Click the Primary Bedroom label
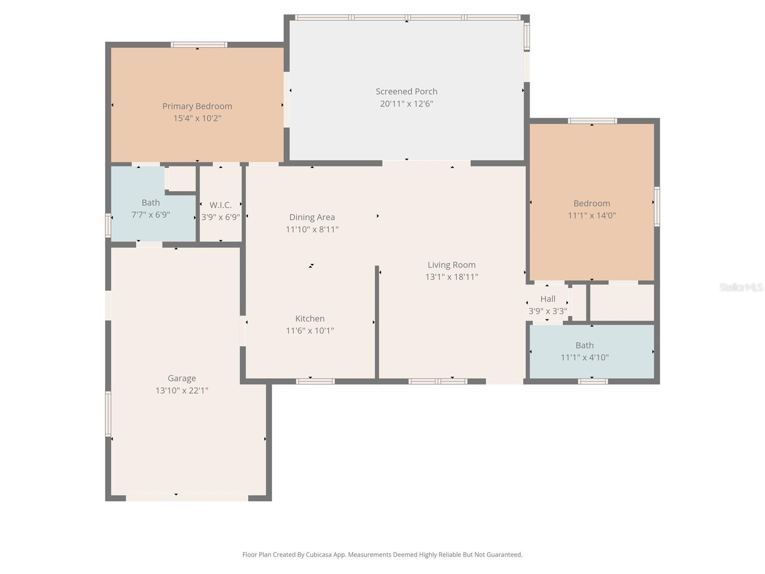[x=197, y=106]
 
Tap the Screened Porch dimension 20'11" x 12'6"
[x=406, y=104]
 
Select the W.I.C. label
[x=220, y=205]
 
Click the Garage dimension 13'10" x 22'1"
[x=182, y=390]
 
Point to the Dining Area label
[x=312, y=217]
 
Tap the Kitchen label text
[x=310, y=319]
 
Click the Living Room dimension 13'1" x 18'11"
[x=451, y=277]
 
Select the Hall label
[x=547, y=299]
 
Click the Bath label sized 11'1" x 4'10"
[x=584, y=345]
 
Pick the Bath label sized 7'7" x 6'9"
[x=151, y=203]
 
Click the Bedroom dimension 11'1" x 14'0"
[x=591, y=215]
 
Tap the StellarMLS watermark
[x=741, y=287]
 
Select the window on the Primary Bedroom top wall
[x=199, y=45]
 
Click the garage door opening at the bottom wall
[x=186, y=498]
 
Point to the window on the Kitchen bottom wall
[x=315, y=381]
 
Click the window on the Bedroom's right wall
[x=657, y=206]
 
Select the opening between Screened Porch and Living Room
[x=426, y=163]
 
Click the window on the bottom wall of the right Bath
[x=593, y=381]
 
